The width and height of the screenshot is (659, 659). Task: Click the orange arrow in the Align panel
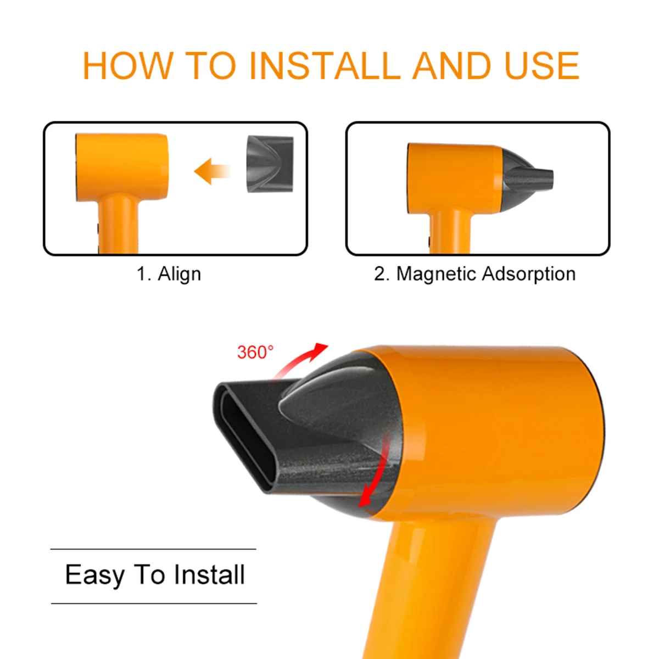pyautogui.click(x=211, y=171)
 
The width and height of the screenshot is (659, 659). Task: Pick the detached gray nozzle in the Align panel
pyautogui.click(x=270, y=163)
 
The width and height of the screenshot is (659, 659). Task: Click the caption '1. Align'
pyautogui.click(x=169, y=273)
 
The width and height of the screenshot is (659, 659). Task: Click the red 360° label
pyautogui.click(x=255, y=352)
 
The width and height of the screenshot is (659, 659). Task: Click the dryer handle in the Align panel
pyautogui.click(x=119, y=225)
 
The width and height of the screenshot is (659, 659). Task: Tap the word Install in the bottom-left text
pyautogui.click(x=209, y=575)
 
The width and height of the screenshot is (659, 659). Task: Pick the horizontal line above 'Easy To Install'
pyautogui.click(x=153, y=549)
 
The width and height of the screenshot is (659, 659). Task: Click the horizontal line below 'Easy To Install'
pyautogui.click(x=154, y=603)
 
